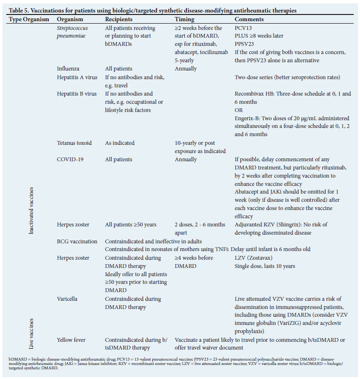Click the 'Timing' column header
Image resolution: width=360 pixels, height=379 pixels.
pyautogui.click(x=184, y=19)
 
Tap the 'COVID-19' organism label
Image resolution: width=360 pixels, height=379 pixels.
pyautogui.click(x=71, y=159)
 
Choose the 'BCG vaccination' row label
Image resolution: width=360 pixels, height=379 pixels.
pyautogui.click(x=77, y=241)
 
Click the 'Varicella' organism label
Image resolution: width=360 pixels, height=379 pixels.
pyautogui.click(x=68, y=299)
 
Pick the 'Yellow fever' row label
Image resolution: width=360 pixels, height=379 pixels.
pyautogui.click(x=71, y=340)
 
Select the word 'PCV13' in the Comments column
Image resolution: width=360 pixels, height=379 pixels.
pyautogui.click(x=244, y=28)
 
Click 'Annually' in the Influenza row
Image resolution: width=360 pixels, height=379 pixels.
pyautogui.click(x=186, y=69)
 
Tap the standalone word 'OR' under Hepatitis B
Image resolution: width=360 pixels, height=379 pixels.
pyautogui.click(x=239, y=110)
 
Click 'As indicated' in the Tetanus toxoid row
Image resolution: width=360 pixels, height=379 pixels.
pyautogui.click(x=120, y=143)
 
